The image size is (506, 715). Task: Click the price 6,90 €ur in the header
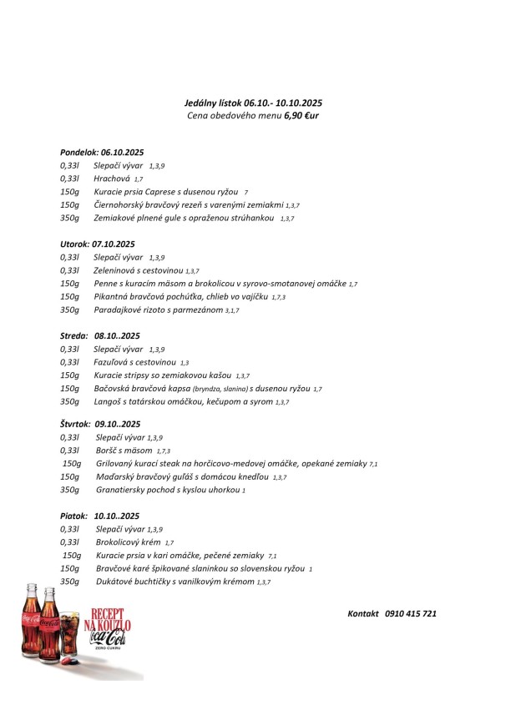point(303,115)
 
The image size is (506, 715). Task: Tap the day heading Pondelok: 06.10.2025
point(103,153)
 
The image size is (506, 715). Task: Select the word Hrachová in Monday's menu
point(111,179)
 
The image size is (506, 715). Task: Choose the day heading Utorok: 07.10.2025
point(98,244)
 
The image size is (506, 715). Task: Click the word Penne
point(106,284)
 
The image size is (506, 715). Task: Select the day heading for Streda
point(100,335)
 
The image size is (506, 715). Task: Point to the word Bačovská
point(114,388)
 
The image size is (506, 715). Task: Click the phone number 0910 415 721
point(412,613)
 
